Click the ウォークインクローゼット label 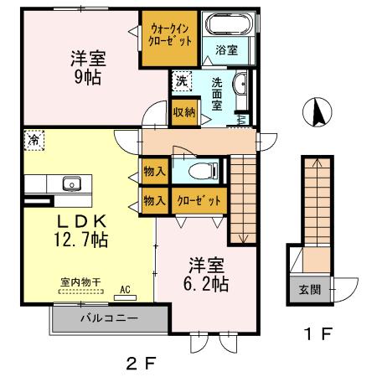171,36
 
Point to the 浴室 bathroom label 225,50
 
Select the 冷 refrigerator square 34,140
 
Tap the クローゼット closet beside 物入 198,201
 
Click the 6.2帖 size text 204,284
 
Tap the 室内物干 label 80,282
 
